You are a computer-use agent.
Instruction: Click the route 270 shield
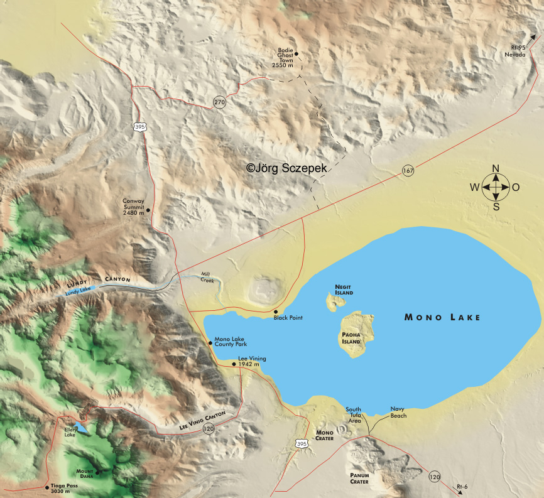click(219, 102)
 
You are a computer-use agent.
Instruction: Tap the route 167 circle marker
click(408, 171)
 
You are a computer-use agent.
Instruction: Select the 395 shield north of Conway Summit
click(139, 127)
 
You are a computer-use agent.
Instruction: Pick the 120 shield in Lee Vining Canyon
click(208, 429)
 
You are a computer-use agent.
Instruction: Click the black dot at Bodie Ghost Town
click(296, 54)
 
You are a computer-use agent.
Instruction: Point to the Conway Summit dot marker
click(148, 210)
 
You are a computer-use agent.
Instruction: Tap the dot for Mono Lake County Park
click(210, 342)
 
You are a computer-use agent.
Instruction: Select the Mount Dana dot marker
click(97, 472)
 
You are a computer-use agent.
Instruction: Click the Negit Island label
click(344, 290)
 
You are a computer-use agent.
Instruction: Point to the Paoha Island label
click(351, 338)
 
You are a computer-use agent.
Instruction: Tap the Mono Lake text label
click(442, 318)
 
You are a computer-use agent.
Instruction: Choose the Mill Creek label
click(207, 277)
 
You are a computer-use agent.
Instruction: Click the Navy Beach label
click(398, 412)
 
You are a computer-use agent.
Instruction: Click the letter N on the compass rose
click(496, 168)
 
